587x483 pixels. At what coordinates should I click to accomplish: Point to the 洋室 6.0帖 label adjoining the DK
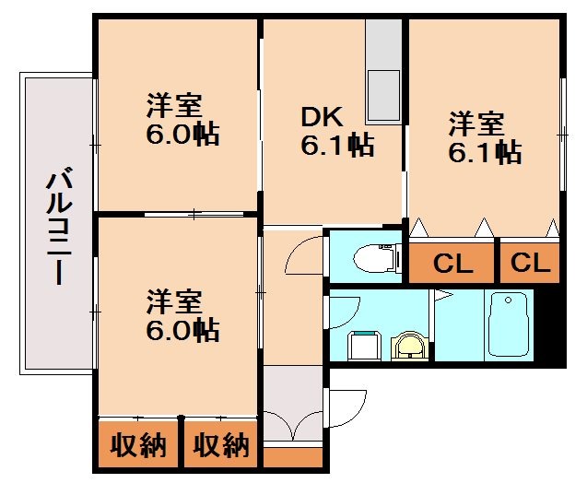click(x=182, y=120)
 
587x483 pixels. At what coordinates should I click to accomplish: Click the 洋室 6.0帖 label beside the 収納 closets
click(x=182, y=315)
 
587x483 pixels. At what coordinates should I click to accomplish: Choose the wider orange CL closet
click(x=452, y=264)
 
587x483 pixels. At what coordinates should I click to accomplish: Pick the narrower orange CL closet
click(x=530, y=264)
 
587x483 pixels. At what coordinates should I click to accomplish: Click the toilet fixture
click(x=379, y=255)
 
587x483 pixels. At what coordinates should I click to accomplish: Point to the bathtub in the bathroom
click(x=508, y=324)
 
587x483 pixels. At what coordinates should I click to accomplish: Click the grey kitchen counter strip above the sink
click(x=383, y=41)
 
